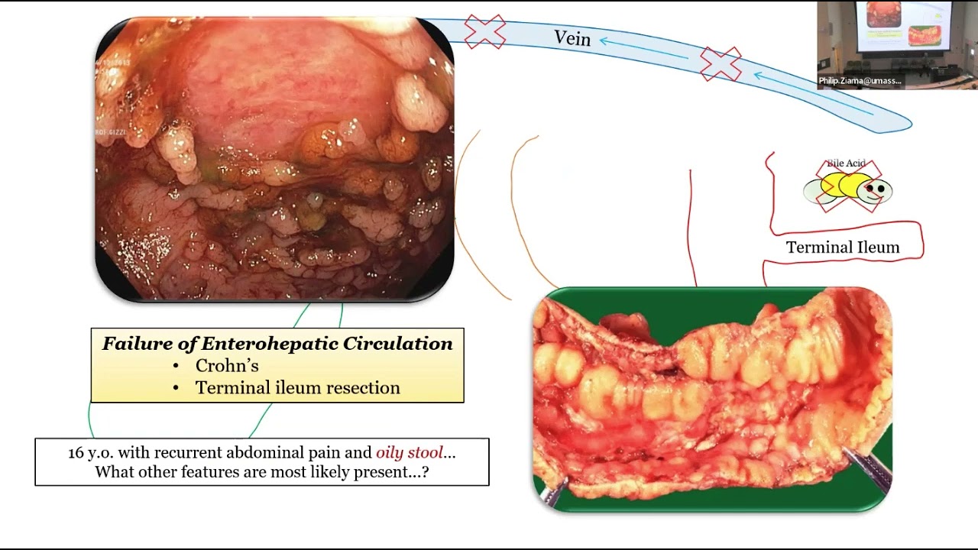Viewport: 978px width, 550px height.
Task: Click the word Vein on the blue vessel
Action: point(572,37)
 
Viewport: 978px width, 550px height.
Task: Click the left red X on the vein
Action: point(485,31)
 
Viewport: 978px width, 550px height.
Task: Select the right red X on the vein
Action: point(721,64)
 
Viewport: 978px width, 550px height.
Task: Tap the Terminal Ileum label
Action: point(843,247)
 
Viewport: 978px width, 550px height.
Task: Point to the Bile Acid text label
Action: point(846,163)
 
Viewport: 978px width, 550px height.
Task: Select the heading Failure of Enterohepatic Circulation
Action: point(277,344)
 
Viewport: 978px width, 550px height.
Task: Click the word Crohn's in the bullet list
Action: point(227,366)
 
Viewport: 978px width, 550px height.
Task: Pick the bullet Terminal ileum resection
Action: point(297,388)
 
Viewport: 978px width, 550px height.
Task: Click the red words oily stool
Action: point(410,452)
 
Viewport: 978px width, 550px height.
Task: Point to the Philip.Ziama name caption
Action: point(860,81)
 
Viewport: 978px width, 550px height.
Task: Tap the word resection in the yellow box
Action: point(363,388)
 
